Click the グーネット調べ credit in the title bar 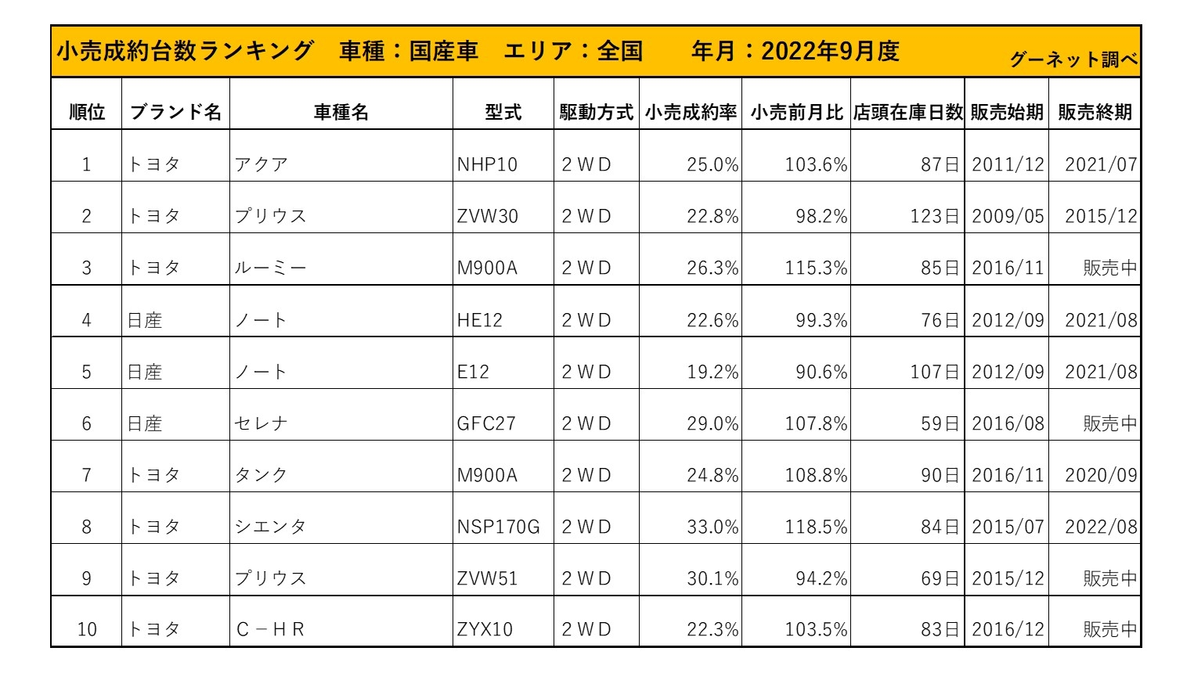pyautogui.click(x=1073, y=59)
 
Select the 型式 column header pyautogui.click(x=503, y=112)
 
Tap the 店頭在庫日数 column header pyautogui.click(x=907, y=112)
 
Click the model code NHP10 pyautogui.click(x=487, y=164)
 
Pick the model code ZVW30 pyautogui.click(x=487, y=216)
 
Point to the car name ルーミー pyautogui.click(x=270, y=268)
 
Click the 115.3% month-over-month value pyautogui.click(x=816, y=268)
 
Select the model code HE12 pyautogui.click(x=479, y=320)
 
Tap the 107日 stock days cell pyautogui.click(x=934, y=372)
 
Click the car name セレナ pyautogui.click(x=262, y=423)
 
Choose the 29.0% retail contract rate pyautogui.click(x=712, y=423)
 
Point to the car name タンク pyautogui.click(x=262, y=475)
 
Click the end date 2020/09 pyautogui.click(x=1100, y=475)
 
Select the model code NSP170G pyautogui.click(x=498, y=527)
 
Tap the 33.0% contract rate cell pyautogui.click(x=712, y=527)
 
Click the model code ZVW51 pyautogui.click(x=487, y=578)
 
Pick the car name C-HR pyautogui.click(x=270, y=629)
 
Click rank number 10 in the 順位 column pyautogui.click(x=87, y=629)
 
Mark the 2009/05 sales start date pyautogui.click(x=1007, y=216)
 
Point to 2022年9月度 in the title pyautogui.click(x=830, y=52)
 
